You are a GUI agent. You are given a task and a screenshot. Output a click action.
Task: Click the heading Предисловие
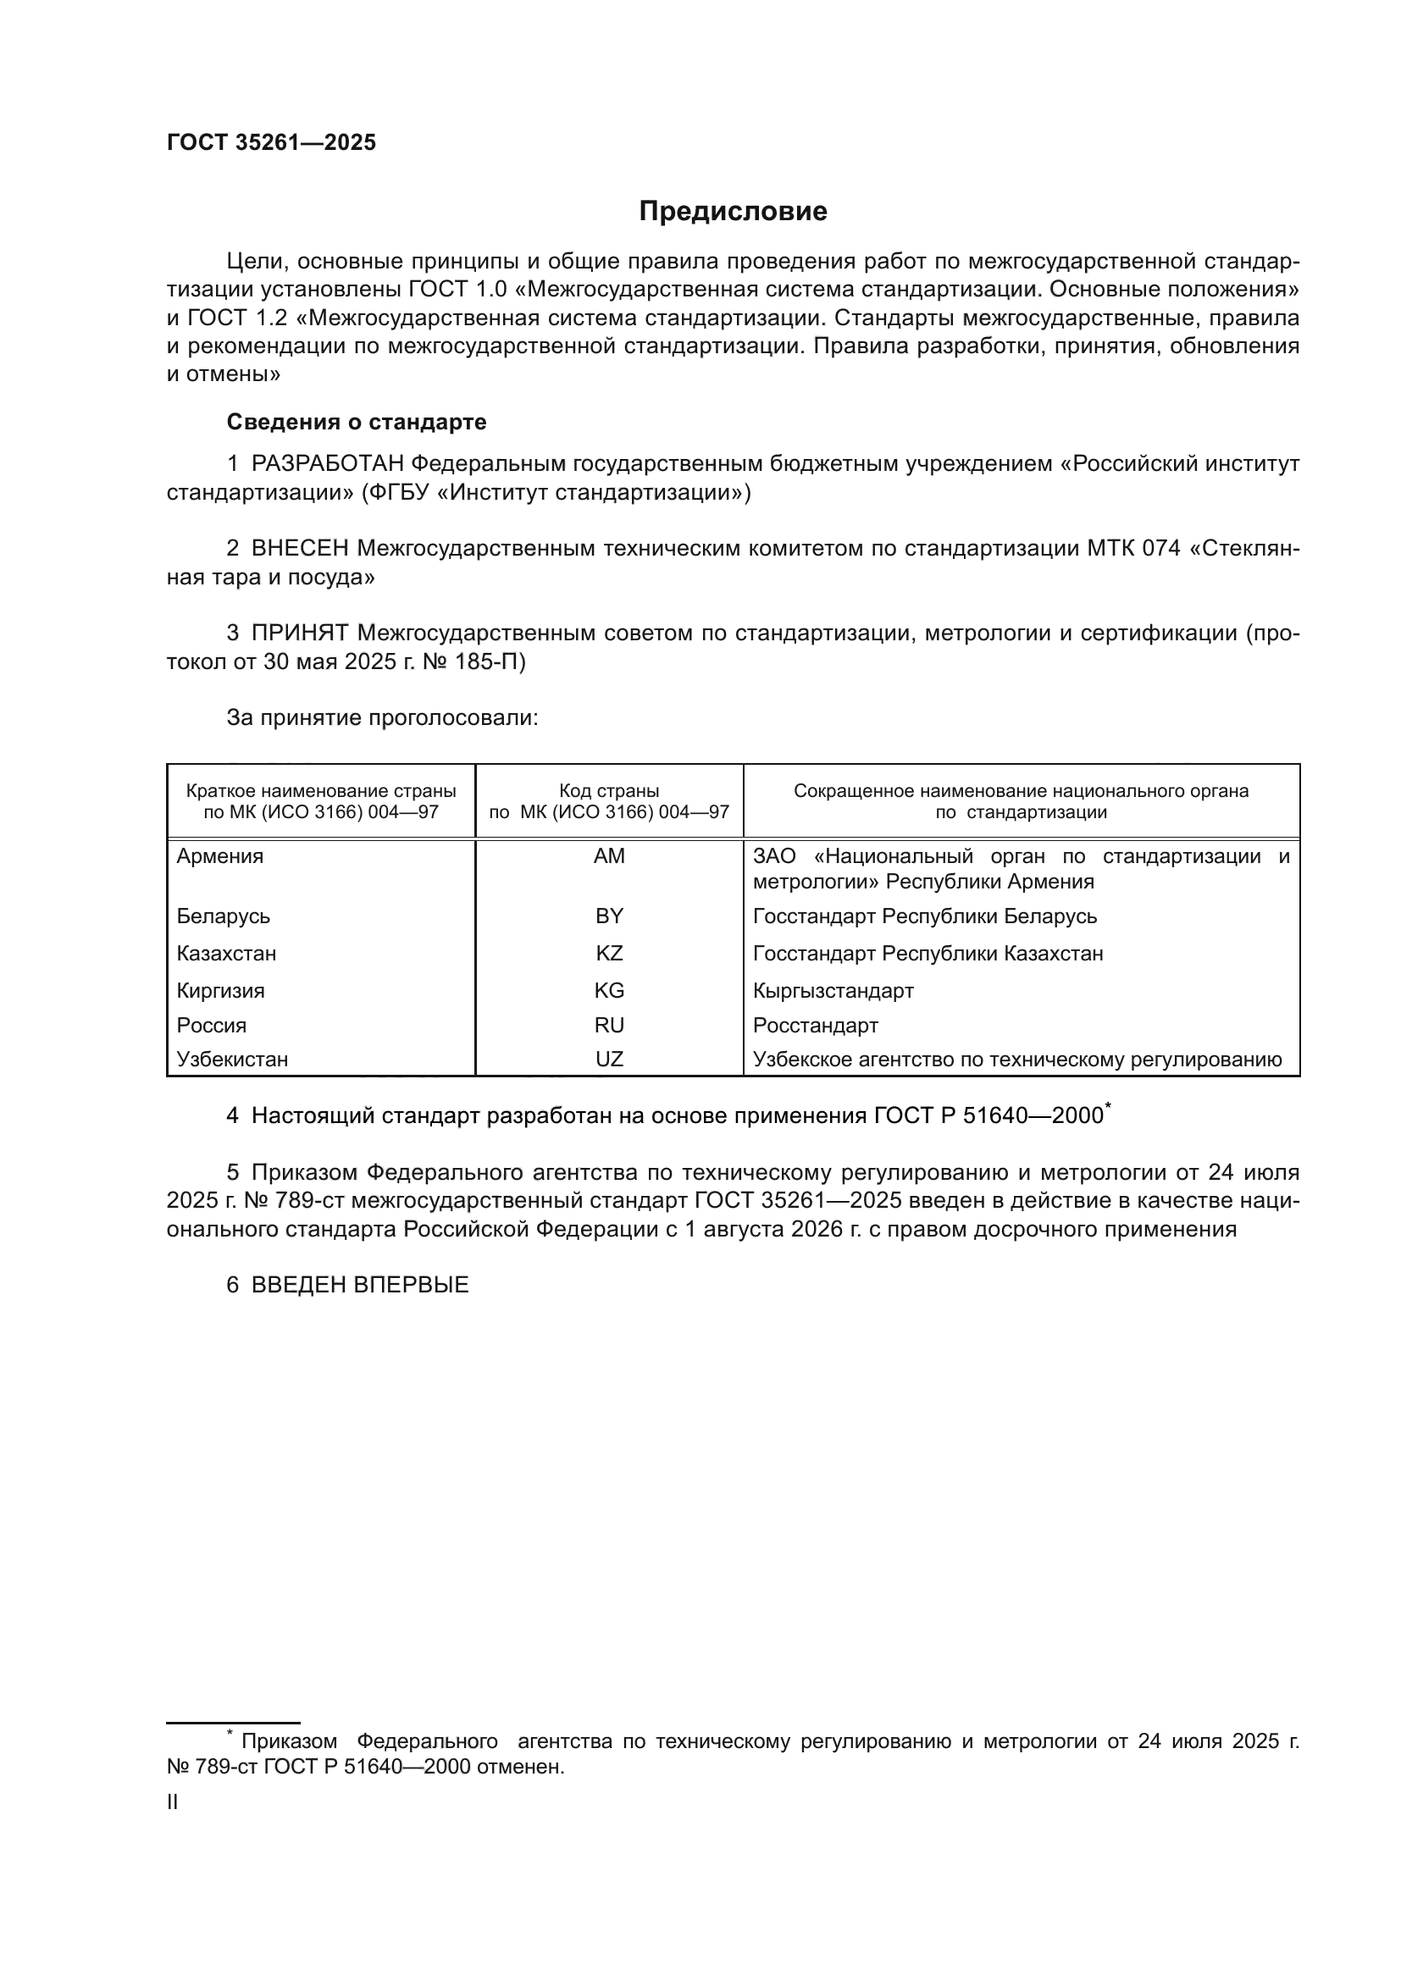click(x=733, y=212)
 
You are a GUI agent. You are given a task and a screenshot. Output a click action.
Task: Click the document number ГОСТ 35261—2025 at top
click(x=271, y=142)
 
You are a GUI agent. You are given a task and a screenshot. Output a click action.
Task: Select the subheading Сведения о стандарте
click(x=357, y=422)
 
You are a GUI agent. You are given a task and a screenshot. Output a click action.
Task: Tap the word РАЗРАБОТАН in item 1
click(x=327, y=464)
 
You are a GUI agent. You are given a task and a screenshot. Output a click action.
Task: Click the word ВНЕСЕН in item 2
click(x=299, y=549)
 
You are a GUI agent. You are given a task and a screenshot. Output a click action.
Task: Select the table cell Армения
click(x=220, y=857)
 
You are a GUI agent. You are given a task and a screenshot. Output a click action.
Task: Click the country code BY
click(x=609, y=916)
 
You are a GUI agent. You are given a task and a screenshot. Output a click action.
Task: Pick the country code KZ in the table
click(x=609, y=954)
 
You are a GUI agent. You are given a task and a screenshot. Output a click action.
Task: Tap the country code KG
click(x=609, y=991)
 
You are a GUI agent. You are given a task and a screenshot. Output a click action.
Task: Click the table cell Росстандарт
click(x=815, y=1026)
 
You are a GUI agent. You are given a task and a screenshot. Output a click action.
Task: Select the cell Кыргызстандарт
click(x=833, y=991)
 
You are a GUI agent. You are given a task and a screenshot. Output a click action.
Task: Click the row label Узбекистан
click(x=232, y=1060)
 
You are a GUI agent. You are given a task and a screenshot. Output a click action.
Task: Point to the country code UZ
click(x=609, y=1060)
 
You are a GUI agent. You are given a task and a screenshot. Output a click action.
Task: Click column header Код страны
click(x=609, y=791)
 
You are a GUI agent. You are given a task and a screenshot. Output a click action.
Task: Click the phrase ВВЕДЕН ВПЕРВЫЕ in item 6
click(x=360, y=1285)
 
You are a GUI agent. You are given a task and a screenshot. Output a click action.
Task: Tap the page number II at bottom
click(x=173, y=1802)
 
